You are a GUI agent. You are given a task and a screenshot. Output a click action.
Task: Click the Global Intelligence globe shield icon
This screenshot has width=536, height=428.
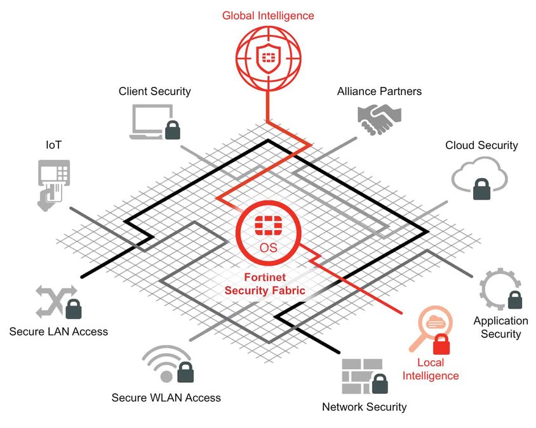(x=267, y=58)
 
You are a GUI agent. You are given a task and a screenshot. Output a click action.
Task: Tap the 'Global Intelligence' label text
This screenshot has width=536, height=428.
(x=267, y=15)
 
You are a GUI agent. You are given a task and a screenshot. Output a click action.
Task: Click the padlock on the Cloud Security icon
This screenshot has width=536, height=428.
(x=482, y=188)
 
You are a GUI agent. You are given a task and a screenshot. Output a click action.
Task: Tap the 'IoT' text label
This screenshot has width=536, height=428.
(x=53, y=145)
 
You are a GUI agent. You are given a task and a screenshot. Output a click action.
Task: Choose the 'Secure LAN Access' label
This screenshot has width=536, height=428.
(x=58, y=331)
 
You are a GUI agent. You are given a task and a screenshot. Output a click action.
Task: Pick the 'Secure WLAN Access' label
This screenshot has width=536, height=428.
(x=166, y=398)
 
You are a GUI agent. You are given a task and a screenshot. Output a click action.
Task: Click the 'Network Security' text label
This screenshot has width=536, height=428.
(x=364, y=407)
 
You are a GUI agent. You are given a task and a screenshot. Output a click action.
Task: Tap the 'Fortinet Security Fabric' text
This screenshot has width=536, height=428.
(x=265, y=283)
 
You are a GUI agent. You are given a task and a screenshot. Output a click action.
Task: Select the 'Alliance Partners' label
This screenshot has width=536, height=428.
(x=379, y=91)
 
